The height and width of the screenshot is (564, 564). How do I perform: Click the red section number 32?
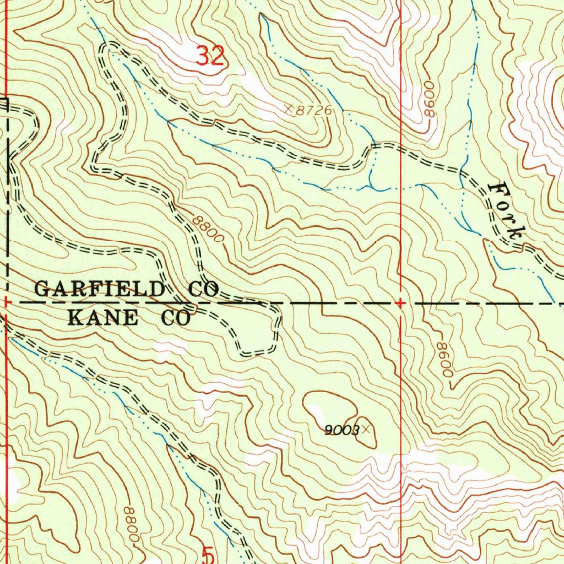click(x=211, y=56)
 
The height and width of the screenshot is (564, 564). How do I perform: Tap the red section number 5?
click(x=207, y=555)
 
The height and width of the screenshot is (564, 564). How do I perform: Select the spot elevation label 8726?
click(x=314, y=111)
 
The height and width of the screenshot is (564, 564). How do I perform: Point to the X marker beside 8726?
click(x=289, y=109)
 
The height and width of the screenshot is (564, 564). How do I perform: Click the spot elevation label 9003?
click(x=341, y=430)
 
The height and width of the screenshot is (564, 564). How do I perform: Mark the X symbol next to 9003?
click(x=364, y=429)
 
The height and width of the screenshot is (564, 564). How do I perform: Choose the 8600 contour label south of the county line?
click(x=444, y=359)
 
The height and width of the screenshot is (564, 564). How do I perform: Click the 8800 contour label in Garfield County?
click(x=209, y=229)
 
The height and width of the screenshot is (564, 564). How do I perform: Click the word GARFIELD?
click(x=100, y=289)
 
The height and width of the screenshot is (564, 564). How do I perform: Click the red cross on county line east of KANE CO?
click(x=400, y=303)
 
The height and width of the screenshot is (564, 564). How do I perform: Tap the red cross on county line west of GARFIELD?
click(x=6, y=302)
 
